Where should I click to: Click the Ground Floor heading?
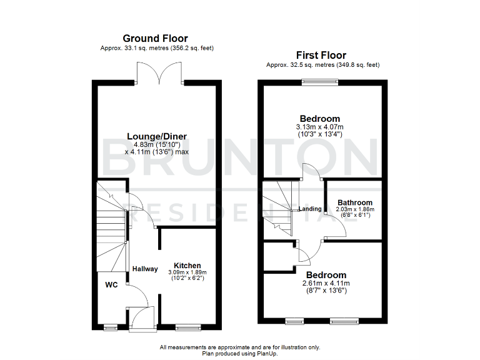(x=155, y=39)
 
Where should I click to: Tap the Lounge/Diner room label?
(x=157, y=136)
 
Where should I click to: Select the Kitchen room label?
(x=187, y=265)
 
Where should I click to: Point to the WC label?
(x=111, y=285)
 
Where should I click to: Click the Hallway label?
(x=144, y=269)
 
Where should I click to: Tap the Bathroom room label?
(x=355, y=202)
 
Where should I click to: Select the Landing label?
(x=310, y=209)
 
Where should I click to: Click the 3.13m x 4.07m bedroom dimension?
(x=319, y=127)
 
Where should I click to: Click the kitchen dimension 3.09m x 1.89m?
(x=187, y=272)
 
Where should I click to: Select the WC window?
(x=110, y=326)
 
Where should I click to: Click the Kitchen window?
(x=187, y=326)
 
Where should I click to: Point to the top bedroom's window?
(x=319, y=81)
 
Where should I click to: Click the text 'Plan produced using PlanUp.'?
(x=240, y=353)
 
